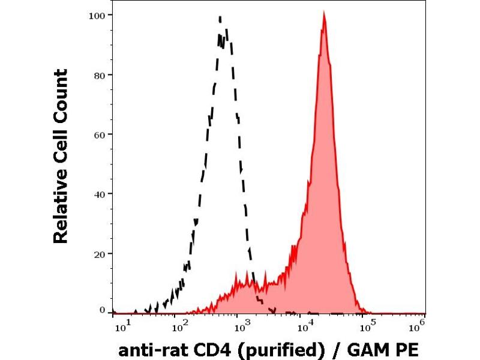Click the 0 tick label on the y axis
102,310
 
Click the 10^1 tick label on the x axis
121,326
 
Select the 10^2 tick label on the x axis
179,326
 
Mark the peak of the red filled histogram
324,14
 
